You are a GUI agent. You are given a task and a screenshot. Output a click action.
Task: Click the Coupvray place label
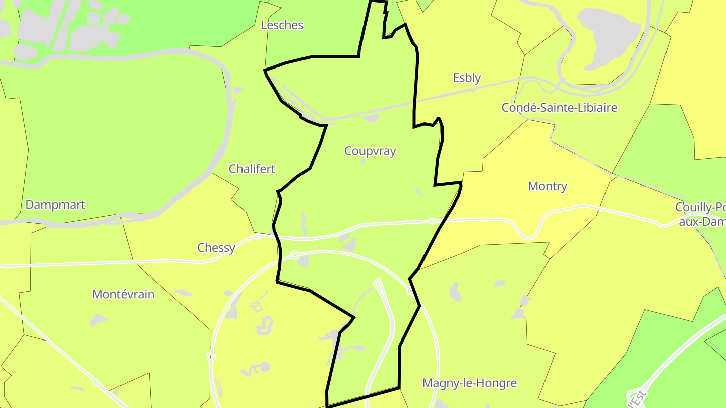[x=370, y=151]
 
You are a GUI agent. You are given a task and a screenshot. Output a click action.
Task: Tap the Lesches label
[x=282, y=25]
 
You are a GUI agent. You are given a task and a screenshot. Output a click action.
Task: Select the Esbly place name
[x=467, y=78]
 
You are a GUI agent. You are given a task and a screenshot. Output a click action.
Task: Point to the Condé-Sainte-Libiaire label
[x=559, y=107]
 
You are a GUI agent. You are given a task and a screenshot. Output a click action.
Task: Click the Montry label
[x=548, y=186]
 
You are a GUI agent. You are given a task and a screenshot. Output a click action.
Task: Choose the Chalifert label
[x=252, y=169]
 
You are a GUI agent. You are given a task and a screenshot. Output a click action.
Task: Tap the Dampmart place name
[x=55, y=205]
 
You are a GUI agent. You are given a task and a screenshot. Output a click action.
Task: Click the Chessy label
[x=216, y=248]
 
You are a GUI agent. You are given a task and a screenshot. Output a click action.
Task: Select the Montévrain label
[x=123, y=294]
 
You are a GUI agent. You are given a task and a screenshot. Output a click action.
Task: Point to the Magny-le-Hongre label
[x=469, y=383]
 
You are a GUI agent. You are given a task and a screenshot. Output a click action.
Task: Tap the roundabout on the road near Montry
[x=432, y=221]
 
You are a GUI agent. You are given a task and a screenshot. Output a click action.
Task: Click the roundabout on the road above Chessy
[x=258, y=236]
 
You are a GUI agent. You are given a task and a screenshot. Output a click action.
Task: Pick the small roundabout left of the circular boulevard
[x=211, y=357]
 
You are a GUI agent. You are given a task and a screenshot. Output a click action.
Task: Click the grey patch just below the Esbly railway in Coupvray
[x=372, y=118]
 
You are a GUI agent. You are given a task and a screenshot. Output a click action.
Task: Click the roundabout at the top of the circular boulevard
[x=295, y=255]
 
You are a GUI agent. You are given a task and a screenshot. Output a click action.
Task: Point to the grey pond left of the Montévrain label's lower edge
[x=98, y=320]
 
